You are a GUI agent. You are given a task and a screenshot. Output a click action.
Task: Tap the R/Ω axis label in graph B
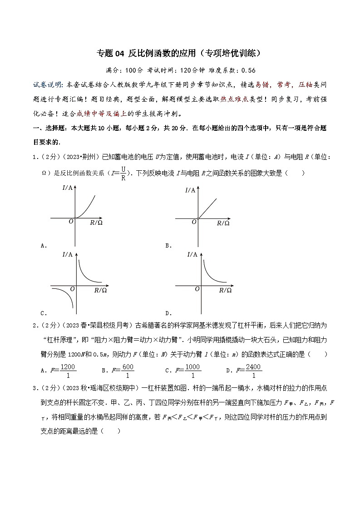pyautogui.click(x=223, y=223)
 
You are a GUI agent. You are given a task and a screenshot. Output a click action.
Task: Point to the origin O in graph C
pyautogui.click(x=72, y=289)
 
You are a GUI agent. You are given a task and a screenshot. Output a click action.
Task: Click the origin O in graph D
pyautogui.click(x=197, y=289)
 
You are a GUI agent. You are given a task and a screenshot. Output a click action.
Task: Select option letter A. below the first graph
pyautogui.click(x=44, y=246)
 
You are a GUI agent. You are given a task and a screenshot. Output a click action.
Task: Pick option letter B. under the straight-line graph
pyautogui.click(x=168, y=246)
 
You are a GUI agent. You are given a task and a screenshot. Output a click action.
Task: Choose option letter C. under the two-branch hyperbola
pyautogui.click(x=44, y=313)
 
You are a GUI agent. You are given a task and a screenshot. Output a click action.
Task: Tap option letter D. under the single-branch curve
pyautogui.click(x=168, y=313)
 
